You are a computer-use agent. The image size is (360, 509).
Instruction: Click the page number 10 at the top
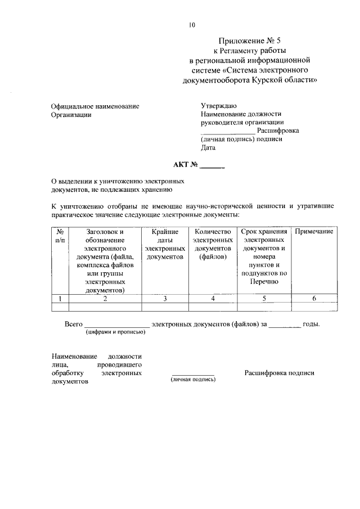pyautogui.click(x=192, y=25)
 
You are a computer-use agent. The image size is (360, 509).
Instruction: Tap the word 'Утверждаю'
pyautogui.click(x=219, y=106)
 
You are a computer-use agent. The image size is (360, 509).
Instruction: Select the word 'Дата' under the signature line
pyautogui.click(x=208, y=148)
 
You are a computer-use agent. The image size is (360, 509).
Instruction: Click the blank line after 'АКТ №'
pyautogui.click(x=212, y=166)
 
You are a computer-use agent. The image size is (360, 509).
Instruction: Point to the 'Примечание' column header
pyautogui.click(x=314, y=232)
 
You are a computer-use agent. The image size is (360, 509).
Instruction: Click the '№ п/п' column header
pyautogui.click(x=60, y=236)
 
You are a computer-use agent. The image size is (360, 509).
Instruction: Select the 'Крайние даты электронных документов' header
pyautogui.click(x=165, y=244)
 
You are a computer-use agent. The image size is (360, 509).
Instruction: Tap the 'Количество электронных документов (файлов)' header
pyautogui.click(x=212, y=244)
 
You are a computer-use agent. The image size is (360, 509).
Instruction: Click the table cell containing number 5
pyautogui.click(x=264, y=299)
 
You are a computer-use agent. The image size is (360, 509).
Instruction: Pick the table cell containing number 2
pyautogui.click(x=105, y=299)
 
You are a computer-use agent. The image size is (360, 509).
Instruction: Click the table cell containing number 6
pyautogui.click(x=314, y=299)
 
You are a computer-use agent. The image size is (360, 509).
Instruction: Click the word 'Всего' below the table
pyautogui.click(x=74, y=325)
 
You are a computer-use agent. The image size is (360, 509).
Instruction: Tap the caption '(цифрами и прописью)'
pyautogui.click(x=116, y=332)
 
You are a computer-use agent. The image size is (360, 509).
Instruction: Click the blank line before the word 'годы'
pyautogui.click(x=285, y=325)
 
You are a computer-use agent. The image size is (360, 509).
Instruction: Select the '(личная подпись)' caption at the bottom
pyautogui.click(x=193, y=380)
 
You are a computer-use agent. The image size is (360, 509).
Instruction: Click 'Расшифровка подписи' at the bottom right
pyautogui.click(x=279, y=373)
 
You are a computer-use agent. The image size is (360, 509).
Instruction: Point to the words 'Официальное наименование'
pyautogui.click(x=95, y=106)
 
